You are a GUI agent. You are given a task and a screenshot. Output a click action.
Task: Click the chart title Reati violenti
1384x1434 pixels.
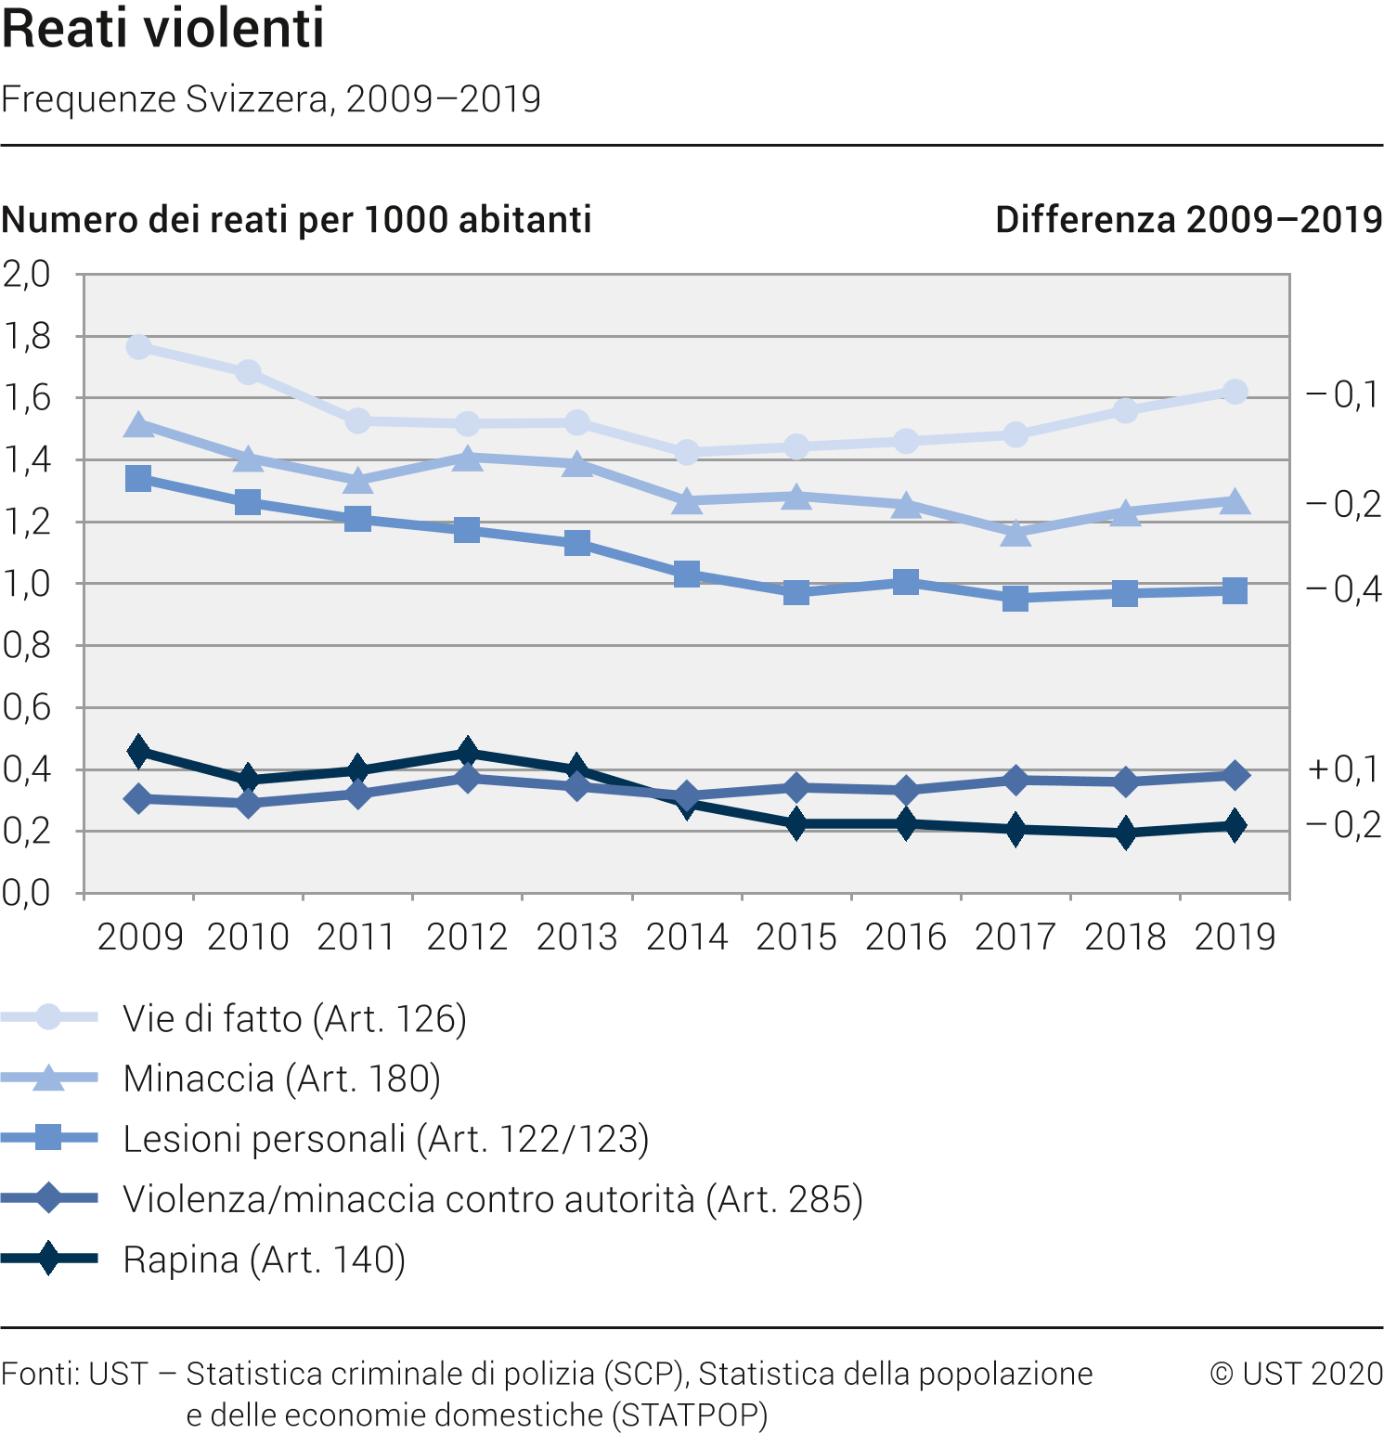[163, 28]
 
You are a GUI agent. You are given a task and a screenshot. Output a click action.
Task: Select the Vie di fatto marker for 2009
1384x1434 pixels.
[139, 347]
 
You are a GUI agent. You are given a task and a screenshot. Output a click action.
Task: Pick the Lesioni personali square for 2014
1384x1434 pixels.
[687, 575]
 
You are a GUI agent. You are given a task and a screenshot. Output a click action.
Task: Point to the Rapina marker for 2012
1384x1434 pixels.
[468, 752]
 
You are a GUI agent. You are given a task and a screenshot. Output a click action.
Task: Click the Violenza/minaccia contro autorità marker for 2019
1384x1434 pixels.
[1235, 775]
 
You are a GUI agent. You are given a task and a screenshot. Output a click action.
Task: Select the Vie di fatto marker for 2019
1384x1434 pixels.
[1235, 392]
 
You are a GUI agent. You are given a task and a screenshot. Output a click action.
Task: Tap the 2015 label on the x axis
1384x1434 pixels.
[796, 937]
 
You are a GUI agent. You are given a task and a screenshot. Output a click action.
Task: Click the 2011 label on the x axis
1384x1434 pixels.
[357, 937]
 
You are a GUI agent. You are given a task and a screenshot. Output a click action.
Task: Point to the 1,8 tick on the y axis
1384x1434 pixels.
[27, 336]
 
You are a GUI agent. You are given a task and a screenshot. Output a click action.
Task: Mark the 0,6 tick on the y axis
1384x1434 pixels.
[27, 707]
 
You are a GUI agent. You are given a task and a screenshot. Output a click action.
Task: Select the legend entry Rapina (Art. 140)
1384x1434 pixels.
[265, 1260]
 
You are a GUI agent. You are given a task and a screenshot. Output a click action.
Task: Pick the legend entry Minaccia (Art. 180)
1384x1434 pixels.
[281, 1079]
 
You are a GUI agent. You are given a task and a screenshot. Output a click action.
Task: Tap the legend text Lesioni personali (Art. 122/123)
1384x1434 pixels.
[386, 1139]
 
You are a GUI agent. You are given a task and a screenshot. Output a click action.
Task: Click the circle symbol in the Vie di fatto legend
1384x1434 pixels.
[48, 1017]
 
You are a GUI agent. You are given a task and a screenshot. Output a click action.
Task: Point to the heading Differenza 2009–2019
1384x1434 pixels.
[1189, 220]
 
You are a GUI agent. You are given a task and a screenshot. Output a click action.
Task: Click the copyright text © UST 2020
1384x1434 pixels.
[1296, 1374]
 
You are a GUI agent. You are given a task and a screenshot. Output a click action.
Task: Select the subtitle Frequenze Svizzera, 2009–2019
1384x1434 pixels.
[271, 98]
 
